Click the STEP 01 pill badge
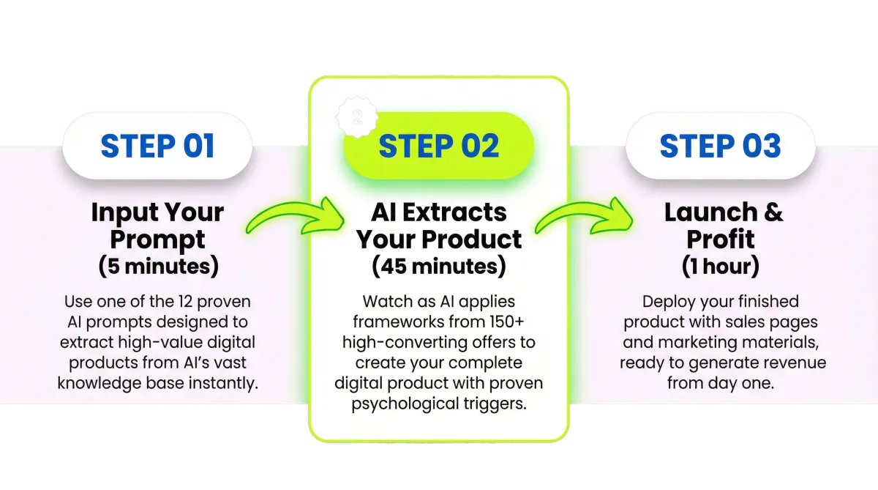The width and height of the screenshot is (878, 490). click(157, 146)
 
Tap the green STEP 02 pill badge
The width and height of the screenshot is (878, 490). click(439, 146)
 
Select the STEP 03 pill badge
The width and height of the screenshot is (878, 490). click(721, 146)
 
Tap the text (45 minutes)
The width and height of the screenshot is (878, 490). click(439, 266)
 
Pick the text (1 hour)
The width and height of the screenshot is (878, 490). click(721, 266)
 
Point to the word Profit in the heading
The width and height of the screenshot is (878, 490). click(721, 240)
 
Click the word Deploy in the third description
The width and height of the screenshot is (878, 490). click(669, 301)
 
